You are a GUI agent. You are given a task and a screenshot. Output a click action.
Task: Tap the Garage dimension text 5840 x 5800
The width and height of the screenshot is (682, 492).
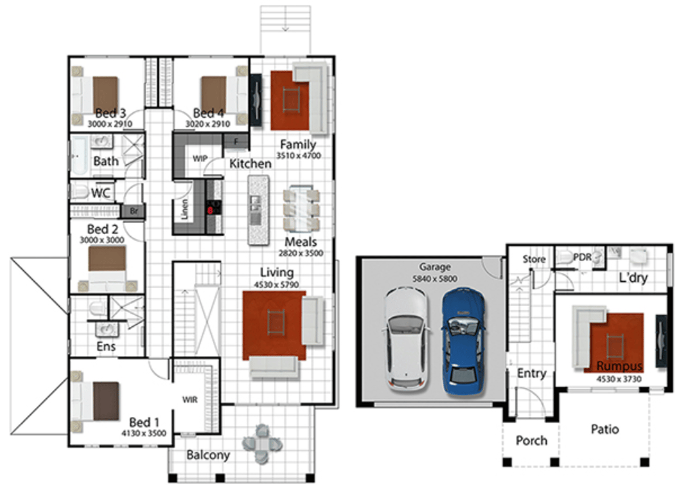(435, 278)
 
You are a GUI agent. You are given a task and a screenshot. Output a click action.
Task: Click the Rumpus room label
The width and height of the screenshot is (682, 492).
(619, 366)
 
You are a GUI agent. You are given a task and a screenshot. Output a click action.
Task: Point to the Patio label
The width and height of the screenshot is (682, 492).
(604, 429)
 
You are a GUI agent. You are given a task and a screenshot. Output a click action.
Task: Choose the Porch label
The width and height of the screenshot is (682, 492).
(531, 440)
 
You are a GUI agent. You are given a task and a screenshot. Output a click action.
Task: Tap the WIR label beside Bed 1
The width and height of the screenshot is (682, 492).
(190, 400)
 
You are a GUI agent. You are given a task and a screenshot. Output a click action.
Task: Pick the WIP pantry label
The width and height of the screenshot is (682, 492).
(199, 157)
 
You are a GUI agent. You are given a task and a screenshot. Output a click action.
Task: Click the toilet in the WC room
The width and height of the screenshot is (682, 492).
(80, 192)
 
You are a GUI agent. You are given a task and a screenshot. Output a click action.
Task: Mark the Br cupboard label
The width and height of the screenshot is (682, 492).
(134, 211)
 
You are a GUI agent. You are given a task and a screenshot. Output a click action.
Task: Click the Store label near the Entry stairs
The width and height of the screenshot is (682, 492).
(534, 260)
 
